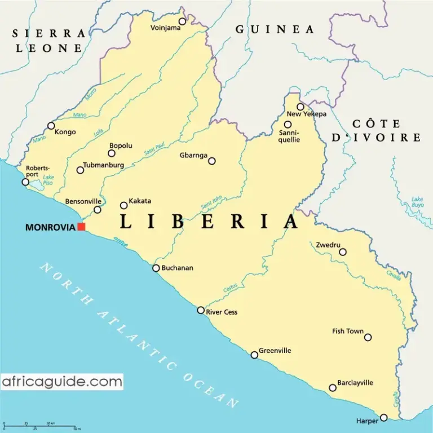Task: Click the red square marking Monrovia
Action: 81,227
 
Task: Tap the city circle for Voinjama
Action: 182,22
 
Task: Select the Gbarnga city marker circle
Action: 212,161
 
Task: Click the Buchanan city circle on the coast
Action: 156,268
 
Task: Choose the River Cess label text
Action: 222,312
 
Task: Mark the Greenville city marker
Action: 254,355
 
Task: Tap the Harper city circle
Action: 384,418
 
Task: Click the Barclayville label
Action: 355,383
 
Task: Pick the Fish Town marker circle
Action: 368,337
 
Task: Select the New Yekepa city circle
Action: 301,107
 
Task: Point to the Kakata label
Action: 140,201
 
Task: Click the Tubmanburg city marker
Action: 80,170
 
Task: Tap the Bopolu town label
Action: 121,145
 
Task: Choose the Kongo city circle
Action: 51,126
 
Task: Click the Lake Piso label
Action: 49,180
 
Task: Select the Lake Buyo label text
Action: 418,202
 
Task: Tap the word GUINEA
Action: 275,29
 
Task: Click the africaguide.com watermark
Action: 62,382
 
